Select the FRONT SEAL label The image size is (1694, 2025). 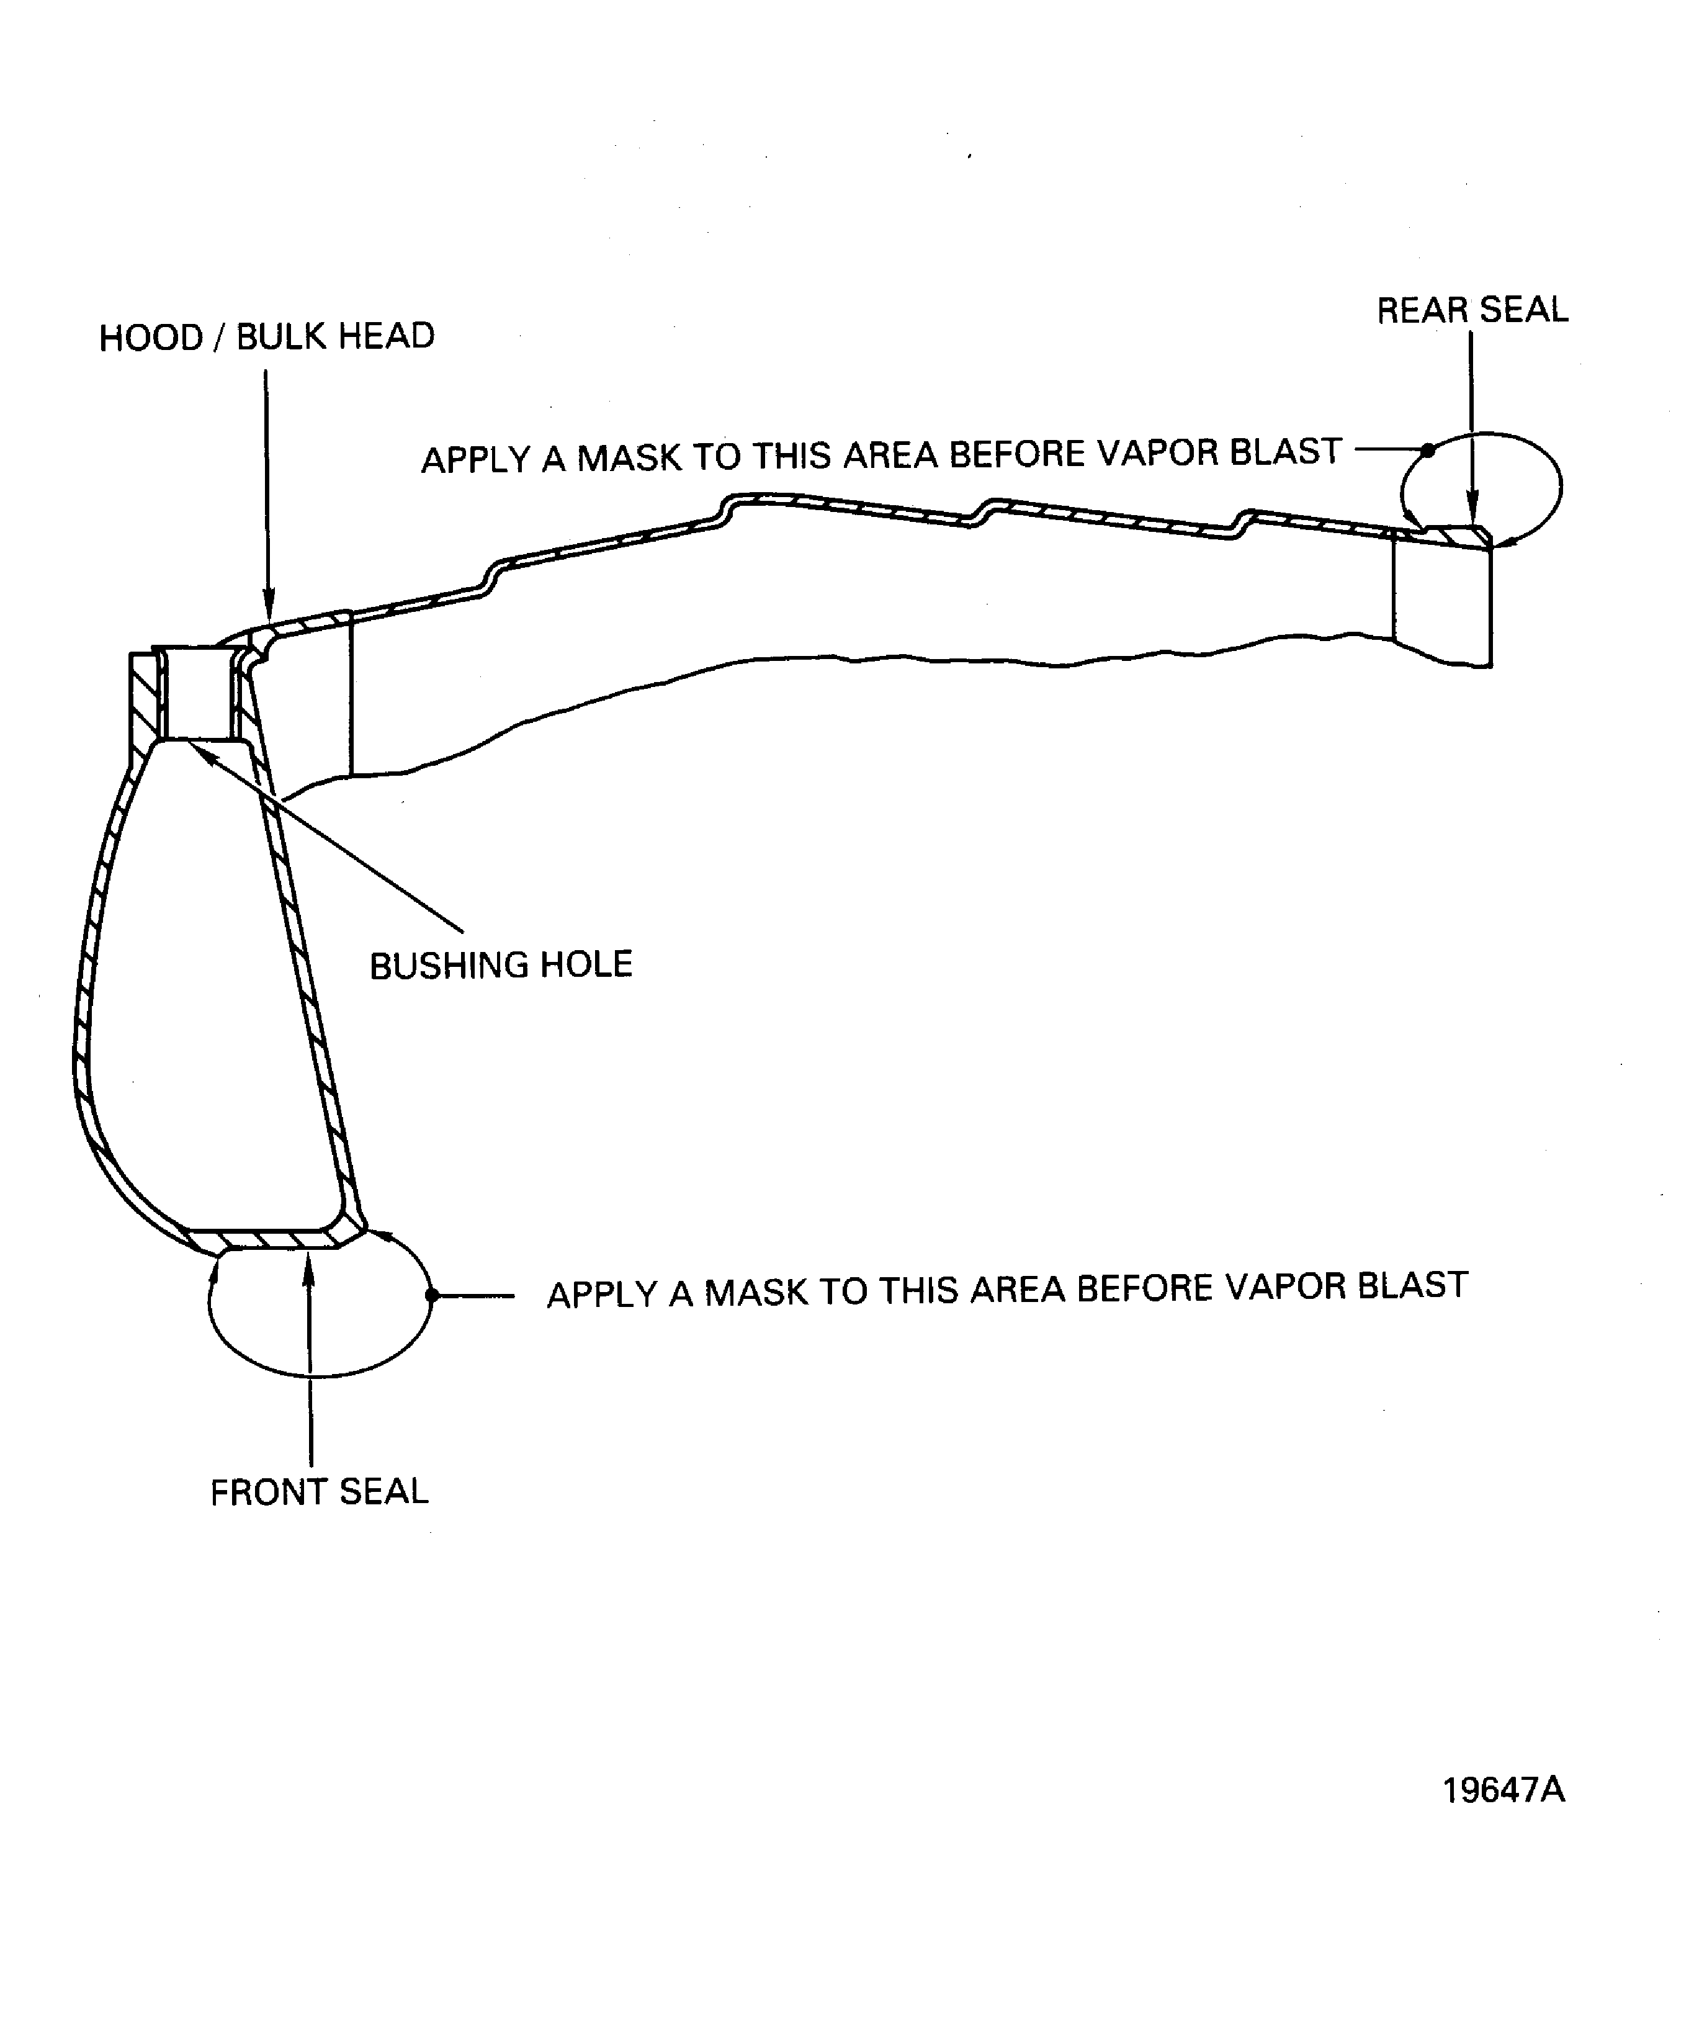[319, 1492]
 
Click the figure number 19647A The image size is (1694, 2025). [1503, 1790]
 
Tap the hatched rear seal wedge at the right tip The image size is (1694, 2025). [1458, 534]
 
